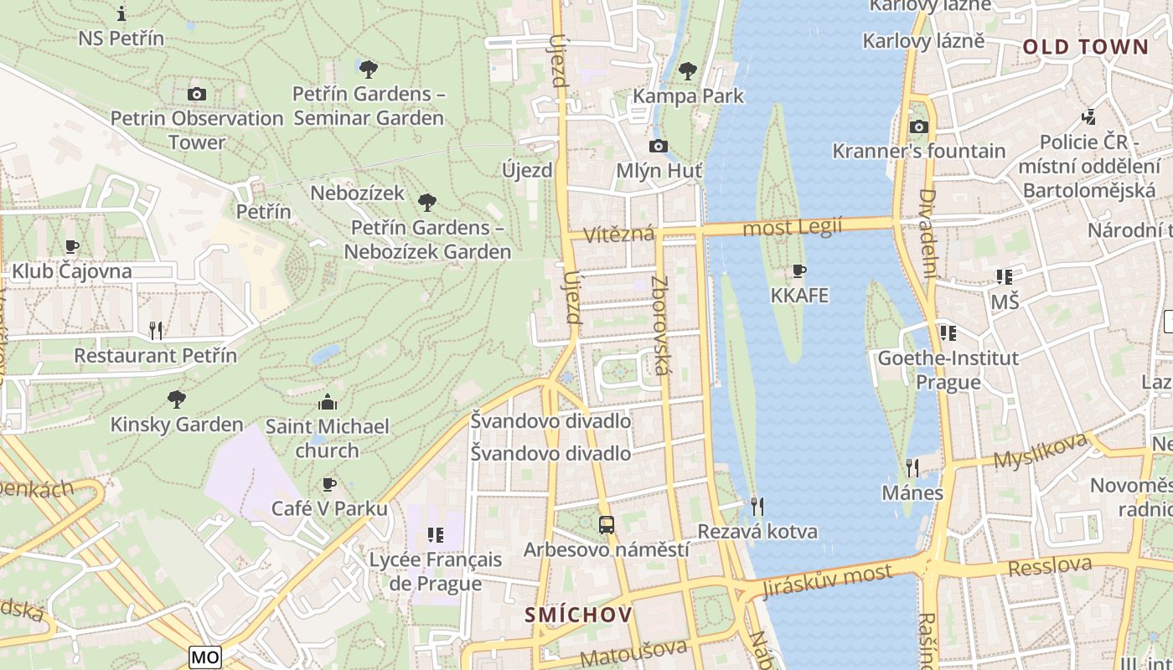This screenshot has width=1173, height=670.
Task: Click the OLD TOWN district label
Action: [1085, 47]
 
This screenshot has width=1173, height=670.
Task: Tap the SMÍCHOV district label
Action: [578, 615]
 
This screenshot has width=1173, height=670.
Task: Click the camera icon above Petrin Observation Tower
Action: [197, 94]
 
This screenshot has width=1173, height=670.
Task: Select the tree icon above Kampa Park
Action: [688, 71]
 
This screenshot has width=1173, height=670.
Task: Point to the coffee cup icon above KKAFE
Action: [799, 271]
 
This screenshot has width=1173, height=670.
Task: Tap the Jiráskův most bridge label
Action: [827, 580]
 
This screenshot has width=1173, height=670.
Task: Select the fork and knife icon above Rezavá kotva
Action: [757, 506]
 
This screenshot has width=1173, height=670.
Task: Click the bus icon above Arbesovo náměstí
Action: [607, 525]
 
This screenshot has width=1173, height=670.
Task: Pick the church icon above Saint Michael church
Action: [328, 402]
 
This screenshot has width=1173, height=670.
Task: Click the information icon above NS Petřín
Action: [121, 13]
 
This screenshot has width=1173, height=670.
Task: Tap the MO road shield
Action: [205, 657]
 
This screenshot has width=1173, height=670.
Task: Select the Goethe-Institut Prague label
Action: [948, 370]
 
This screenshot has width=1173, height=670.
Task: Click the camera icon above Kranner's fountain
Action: [919, 126]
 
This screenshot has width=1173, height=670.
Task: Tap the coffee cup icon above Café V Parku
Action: [329, 484]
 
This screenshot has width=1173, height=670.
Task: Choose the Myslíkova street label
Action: [1039, 451]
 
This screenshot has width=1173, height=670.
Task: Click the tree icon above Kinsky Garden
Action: [176, 399]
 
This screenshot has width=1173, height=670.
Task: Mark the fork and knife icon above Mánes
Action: [912, 467]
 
